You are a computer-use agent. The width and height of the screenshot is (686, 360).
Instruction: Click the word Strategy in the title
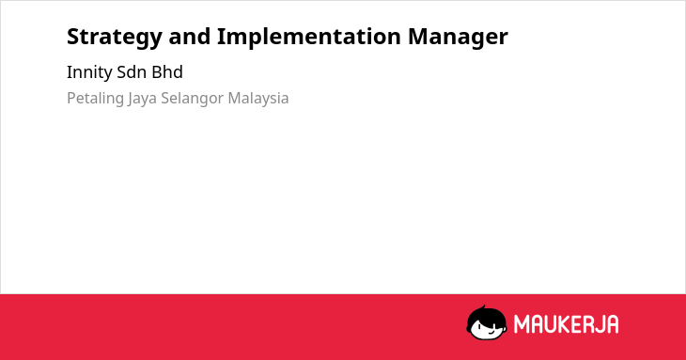click(x=115, y=38)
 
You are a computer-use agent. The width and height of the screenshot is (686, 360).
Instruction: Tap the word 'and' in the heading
click(x=190, y=37)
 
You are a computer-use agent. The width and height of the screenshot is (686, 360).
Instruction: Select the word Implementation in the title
click(x=309, y=38)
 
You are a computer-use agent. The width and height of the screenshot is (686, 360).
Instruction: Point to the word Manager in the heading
click(x=458, y=38)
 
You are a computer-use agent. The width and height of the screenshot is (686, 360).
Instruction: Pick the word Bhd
click(x=167, y=72)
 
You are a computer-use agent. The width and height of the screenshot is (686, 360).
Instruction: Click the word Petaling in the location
click(x=95, y=99)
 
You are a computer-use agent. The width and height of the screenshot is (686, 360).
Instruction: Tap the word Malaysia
click(x=258, y=99)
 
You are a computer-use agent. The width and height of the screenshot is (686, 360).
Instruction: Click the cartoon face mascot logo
click(x=487, y=322)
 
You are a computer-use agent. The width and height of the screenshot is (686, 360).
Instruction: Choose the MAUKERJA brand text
click(x=566, y=324)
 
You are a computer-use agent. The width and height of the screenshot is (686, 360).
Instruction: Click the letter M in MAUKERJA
click(x=521, y=324)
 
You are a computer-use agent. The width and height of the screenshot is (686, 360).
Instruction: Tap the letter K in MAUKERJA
click(x=565, y=324)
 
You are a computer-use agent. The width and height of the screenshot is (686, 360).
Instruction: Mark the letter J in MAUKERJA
click(x=599, y=324)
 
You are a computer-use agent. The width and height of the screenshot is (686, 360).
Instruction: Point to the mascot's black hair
click(x=486, y=314)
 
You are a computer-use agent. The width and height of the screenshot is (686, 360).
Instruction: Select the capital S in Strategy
click(x=73, y=37)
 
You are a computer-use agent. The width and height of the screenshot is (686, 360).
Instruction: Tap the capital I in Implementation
click(x=221, y=37)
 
